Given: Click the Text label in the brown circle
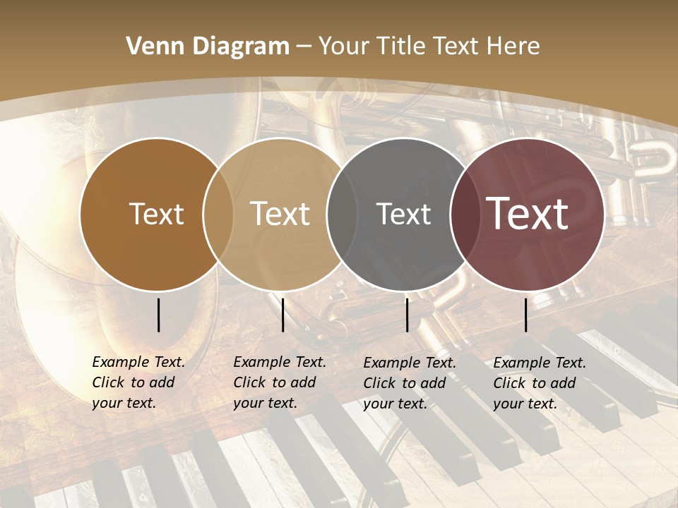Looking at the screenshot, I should [156, 214].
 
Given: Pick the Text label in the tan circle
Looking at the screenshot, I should [280, 214].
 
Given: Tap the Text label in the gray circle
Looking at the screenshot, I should [403, 214].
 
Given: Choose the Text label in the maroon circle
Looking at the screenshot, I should [528, 214].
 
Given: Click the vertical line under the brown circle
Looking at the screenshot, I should [159, 315].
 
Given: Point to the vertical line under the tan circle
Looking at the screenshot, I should [282, 315].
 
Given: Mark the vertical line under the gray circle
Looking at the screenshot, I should [408, 315].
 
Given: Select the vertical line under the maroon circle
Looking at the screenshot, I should [526, 315].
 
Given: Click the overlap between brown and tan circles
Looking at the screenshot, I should [218, 214].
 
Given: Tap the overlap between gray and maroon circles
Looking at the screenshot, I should [465, 214].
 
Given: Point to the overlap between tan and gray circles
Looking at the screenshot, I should [341, 214].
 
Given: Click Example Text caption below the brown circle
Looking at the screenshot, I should [138, 362].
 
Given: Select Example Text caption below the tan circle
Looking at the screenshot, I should [280, 362].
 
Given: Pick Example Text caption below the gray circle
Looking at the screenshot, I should [410, 363].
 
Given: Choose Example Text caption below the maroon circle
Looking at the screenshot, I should [540, 363].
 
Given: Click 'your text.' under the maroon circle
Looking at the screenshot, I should [525, 404].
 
